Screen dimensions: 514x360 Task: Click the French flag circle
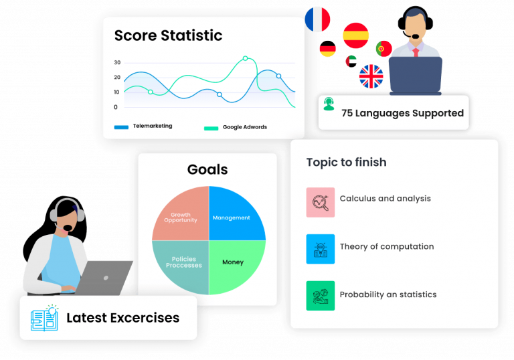(x=317, y=19)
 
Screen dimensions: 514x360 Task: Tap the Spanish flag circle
(x=355, y=35)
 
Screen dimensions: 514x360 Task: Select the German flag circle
(x=328, y=49)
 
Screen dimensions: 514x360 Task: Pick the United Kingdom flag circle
(x=371, y=76)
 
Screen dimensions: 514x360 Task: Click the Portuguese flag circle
(x=384, y=49)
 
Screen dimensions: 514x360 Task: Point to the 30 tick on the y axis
(x=117, y=63)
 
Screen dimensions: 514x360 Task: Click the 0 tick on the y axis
(x=115, y=107)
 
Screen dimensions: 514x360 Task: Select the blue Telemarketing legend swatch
(x=121, y=127)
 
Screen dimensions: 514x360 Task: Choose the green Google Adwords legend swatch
(x=211, y=128)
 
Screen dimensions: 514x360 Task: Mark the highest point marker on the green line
(x=245, y=58)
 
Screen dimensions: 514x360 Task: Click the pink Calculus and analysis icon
(x=321, y=202)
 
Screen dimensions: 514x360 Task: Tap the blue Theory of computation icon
(x=321, y=249)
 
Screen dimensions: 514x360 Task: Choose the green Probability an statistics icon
(x=321, y=296)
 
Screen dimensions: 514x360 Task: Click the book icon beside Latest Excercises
(x=45, y=318)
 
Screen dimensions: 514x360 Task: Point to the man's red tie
(x=416, y=52)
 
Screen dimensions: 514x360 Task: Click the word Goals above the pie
(x=207, y=169)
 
